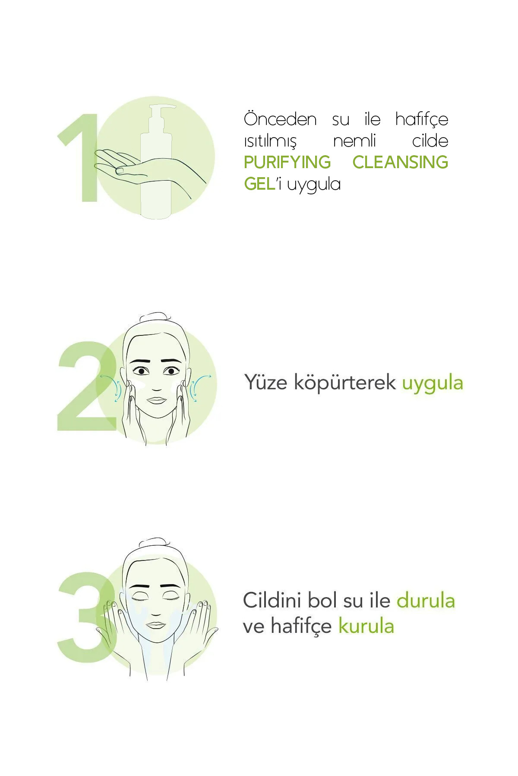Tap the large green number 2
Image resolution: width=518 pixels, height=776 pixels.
click(86, 386)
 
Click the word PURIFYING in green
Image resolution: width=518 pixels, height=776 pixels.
click(287, 162)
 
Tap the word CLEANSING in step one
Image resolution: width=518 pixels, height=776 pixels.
click(400, 162)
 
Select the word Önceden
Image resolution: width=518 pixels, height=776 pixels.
click(280, 119)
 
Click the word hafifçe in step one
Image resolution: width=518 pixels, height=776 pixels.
click(422, 120)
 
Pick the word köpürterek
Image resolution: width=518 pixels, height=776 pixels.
click(345, 383)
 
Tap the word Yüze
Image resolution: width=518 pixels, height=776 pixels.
click(266, 382)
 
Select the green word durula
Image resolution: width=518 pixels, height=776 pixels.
click(426, 601)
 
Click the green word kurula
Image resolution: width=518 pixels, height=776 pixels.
click(366, 626)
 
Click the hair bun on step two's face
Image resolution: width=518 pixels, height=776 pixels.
click(152, 316)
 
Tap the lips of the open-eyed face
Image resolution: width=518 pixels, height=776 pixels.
click(156, 400)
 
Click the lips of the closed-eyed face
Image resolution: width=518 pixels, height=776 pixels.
click(156, 626)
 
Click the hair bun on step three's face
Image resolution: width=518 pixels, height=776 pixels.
click(152, 542)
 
